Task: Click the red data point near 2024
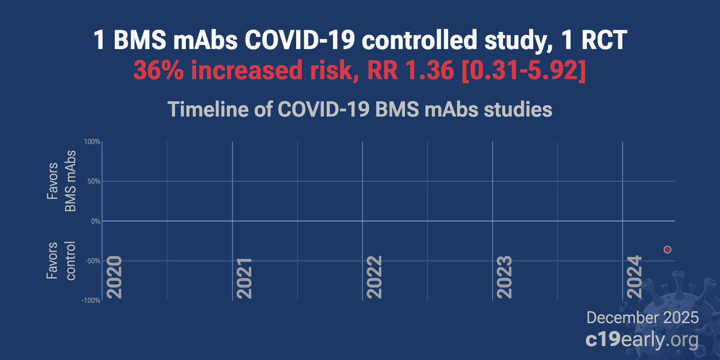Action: [x=667, y=249]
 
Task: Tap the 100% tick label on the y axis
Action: [x=92, y=142]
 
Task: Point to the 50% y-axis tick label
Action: [x=94, y=181]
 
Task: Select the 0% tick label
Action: [x=95, y=221]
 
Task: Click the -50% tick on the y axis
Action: [x=93, y=261]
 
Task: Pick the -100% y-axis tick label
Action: [x=91, y=301]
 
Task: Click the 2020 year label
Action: [x=114, y=277]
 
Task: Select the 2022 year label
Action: [x=374, y=277]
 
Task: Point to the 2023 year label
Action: [x=504, y=277]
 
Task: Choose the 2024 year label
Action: [x=634, y=277]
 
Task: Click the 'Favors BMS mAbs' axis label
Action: [x=61, y=181]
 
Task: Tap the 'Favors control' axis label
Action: [x=61, y=261]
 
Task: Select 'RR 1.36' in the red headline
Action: [x=410, y=71]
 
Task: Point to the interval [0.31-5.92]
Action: [x=524, y=71]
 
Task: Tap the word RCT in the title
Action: [x=604, y=40]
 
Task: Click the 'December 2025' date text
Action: [x=642, y=318]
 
